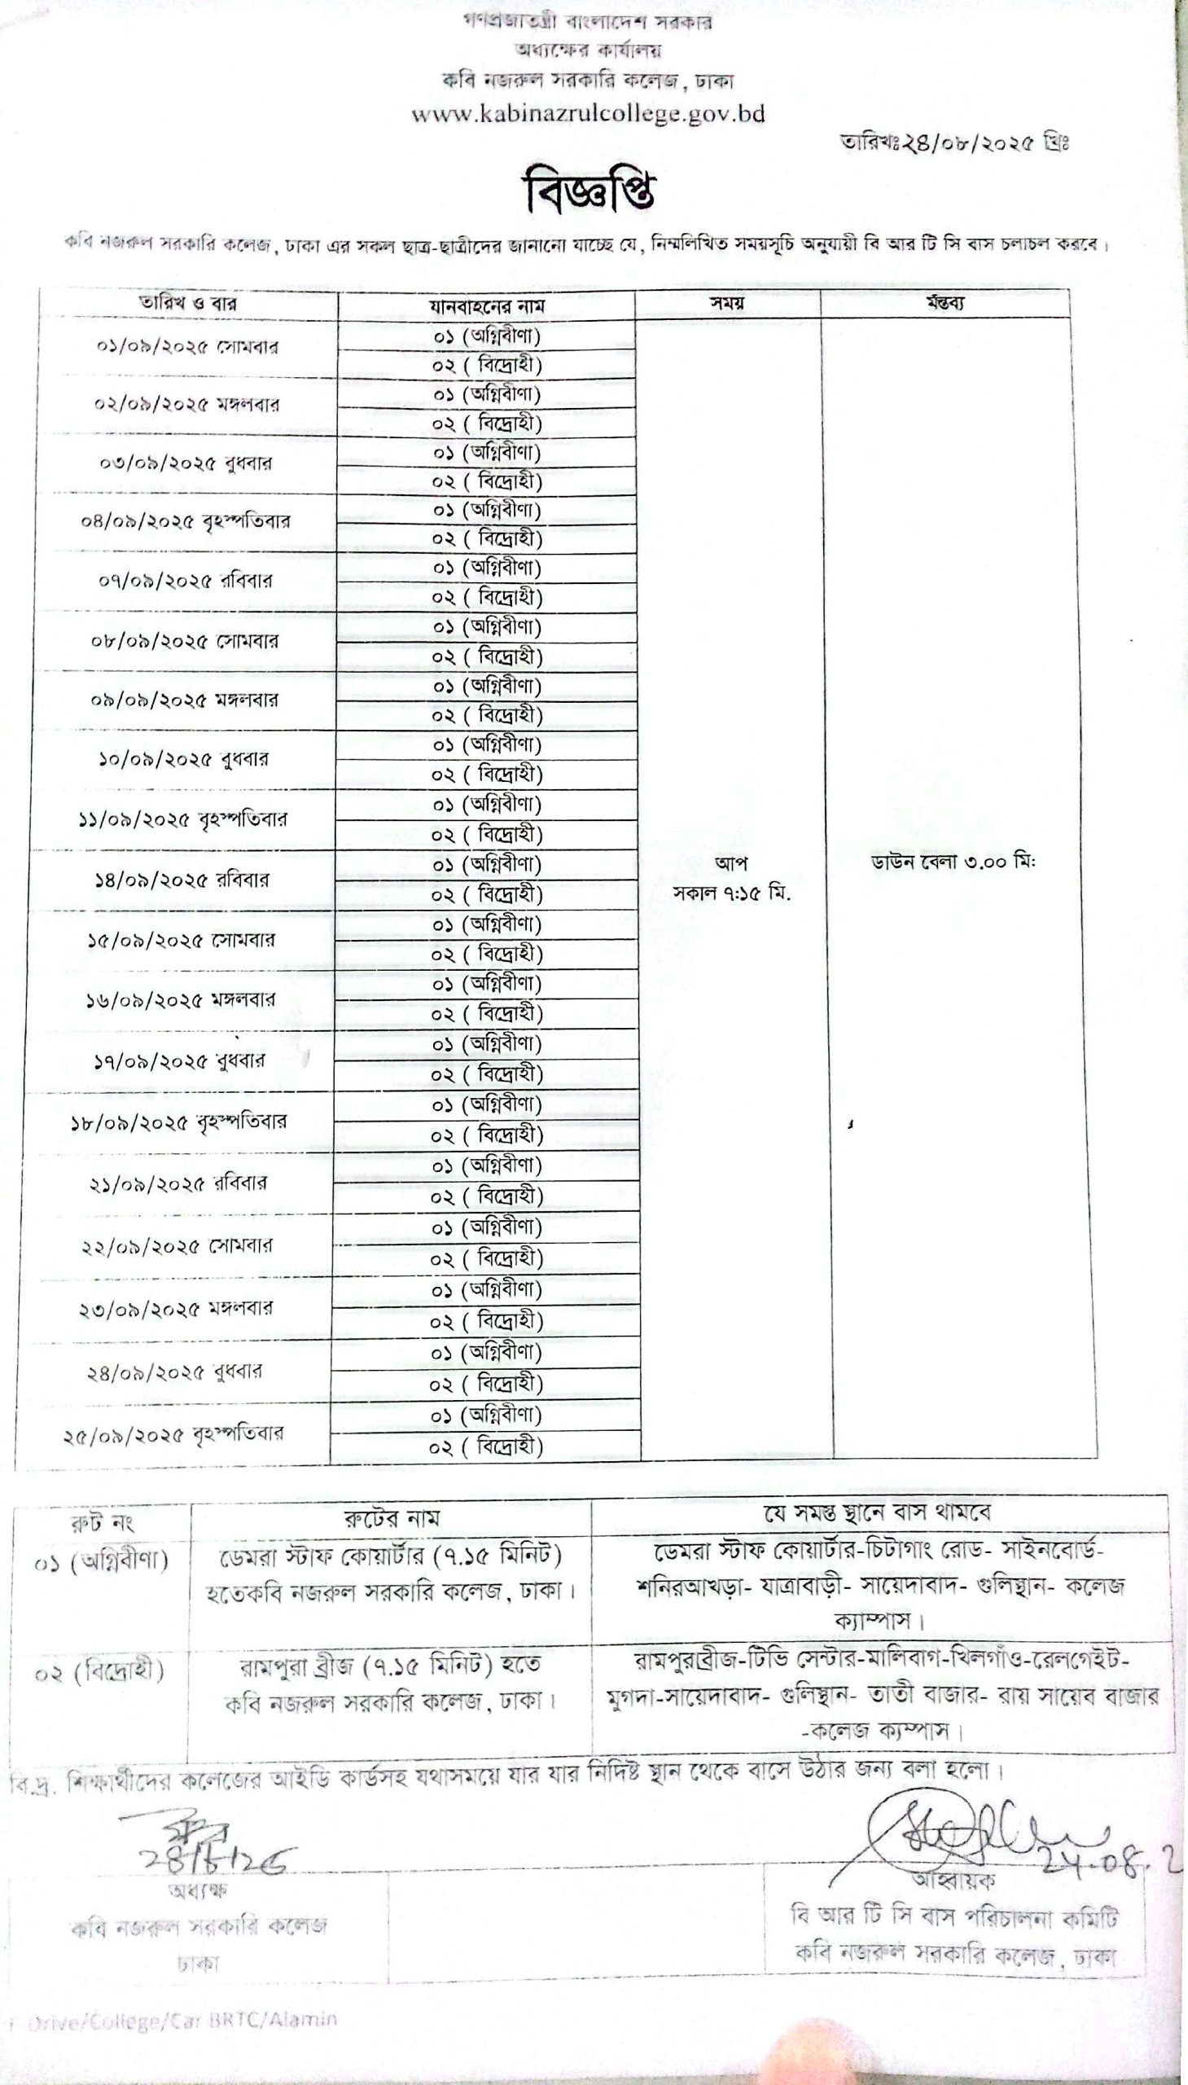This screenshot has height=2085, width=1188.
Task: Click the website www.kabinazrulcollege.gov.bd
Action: click(x=588, y=114)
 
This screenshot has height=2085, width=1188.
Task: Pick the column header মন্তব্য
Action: click(x=945, y=304)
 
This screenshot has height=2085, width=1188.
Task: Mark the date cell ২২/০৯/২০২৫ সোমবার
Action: click(x=177, y=1246)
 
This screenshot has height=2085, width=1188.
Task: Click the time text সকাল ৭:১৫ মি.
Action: click(x=732, y=893)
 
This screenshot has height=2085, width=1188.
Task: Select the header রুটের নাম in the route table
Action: click(x=391, y=1518)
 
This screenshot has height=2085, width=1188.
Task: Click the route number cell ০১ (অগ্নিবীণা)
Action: click(x=101, y=1560)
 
